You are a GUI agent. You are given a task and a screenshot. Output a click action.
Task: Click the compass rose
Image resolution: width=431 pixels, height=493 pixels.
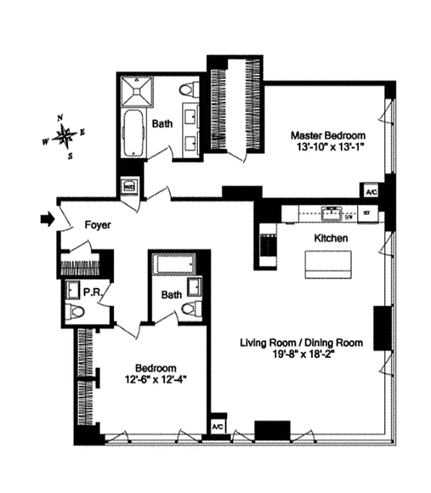pyautogui.click(x=64, y=136)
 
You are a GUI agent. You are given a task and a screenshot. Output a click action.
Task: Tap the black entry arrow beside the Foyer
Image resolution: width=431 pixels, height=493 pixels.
pyautogui.click(x=46, y=218)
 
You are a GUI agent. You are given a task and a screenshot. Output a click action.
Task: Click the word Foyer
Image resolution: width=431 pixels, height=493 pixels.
pyautogui.click(x=97, y=226)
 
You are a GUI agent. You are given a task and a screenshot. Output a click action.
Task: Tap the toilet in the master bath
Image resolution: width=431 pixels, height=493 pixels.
pyautogui.click(x=187, y=91)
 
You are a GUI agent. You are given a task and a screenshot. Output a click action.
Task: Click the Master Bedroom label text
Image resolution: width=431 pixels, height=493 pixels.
pyautogui.click(x=328, y=136)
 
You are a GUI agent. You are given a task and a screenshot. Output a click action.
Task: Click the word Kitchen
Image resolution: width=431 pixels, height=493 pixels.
pyautogui.click(x=331, y=238)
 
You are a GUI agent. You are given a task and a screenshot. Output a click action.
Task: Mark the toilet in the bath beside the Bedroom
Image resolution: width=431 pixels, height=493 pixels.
pyautogui.click(x=191, y=308)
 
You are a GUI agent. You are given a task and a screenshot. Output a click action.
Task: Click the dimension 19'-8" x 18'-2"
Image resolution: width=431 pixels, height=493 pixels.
pyautogui.click(x=301, y=354)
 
